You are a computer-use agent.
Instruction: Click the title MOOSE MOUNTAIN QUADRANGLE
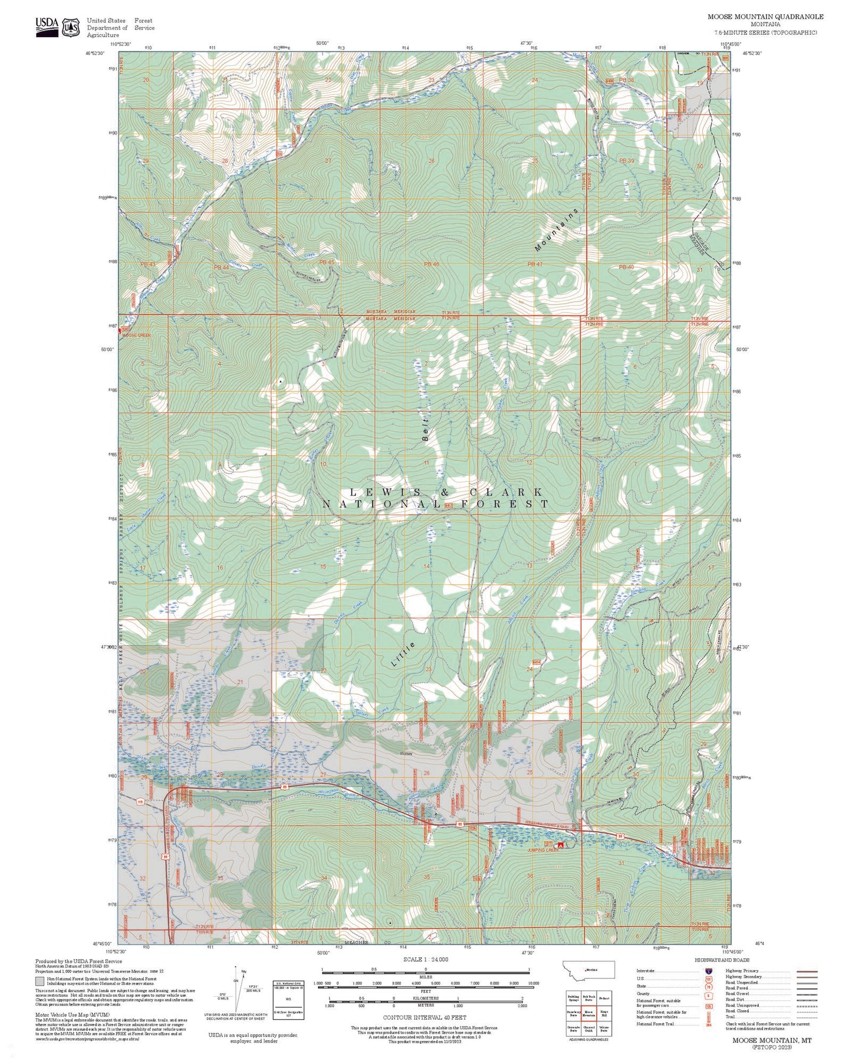[765, 17]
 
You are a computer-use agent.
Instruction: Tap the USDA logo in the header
[47, 26]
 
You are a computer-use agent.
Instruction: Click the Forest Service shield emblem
[71, 27]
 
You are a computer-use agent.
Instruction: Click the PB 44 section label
[221, 268]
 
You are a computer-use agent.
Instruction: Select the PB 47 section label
[535, 264]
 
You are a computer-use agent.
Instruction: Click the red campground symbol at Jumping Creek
[560, 845]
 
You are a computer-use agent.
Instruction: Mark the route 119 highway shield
[140, 801]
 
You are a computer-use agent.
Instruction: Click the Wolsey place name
[406, 754]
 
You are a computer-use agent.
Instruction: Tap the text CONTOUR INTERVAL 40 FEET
[425, 1017]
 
